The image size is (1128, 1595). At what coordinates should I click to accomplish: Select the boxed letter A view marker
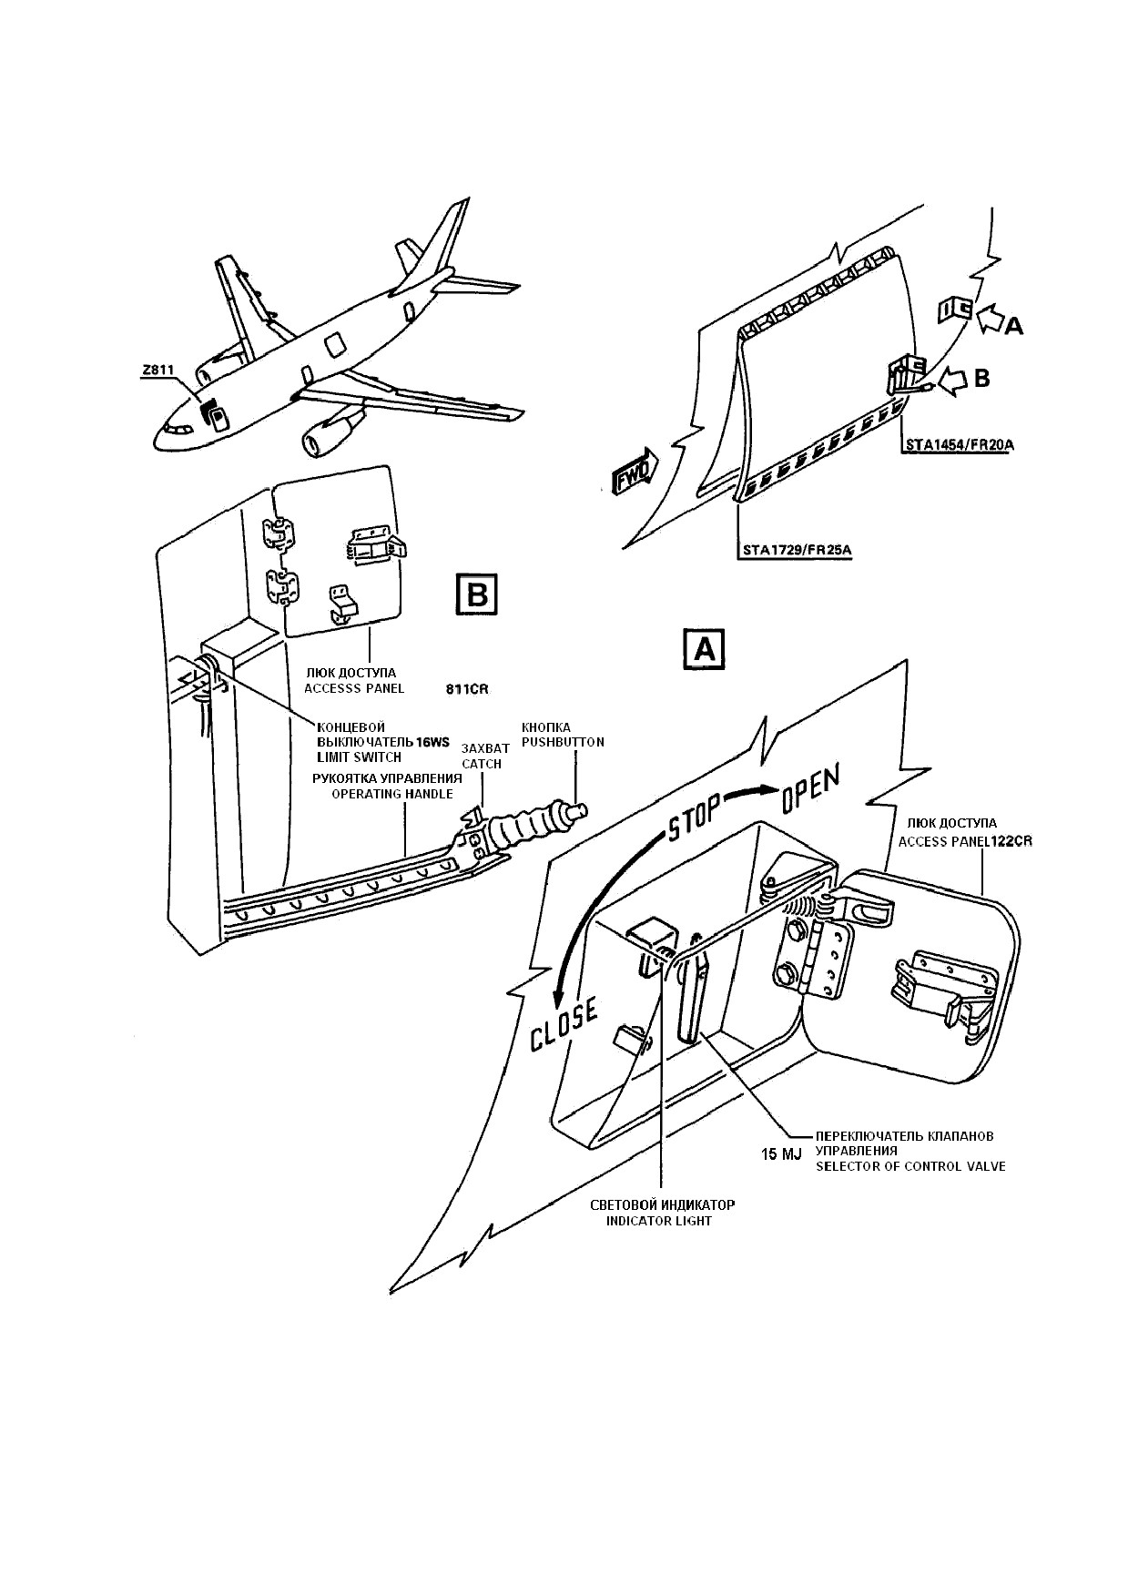point(704,650)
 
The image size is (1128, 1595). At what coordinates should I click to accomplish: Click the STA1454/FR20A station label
point(959,444)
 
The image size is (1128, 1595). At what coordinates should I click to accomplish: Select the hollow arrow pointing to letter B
point(952,380)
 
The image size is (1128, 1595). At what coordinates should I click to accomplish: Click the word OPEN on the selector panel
point(808,789)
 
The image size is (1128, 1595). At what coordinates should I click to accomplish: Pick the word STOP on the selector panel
point(696,817)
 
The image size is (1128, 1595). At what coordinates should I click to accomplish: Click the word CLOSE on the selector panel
point(564,1024)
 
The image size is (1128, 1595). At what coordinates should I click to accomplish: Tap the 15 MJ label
point(781,1154)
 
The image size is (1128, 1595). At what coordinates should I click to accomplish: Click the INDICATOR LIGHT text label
point(659,1221)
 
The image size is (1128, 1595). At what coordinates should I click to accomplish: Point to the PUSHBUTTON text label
point(563,742)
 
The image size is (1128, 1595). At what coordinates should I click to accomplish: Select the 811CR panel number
point(467,689)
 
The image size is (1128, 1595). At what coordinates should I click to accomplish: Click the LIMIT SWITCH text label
point(359,757)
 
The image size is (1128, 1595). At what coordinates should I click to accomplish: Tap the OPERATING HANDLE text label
point(391,794)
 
